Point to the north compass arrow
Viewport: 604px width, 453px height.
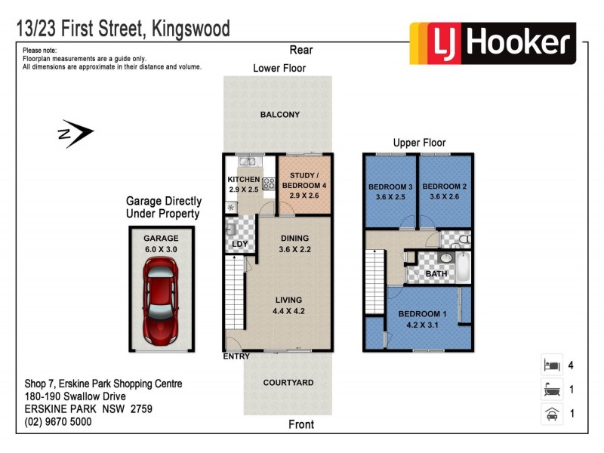coord(75,134)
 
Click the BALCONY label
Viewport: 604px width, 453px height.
coord(279,115)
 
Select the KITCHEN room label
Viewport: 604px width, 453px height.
coord(243,179)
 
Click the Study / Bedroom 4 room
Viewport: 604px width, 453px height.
coord(304,184)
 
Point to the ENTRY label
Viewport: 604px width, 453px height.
coord(236,356)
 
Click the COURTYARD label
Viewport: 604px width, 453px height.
coord(288,383)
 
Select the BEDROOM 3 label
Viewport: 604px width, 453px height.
coord(390,186)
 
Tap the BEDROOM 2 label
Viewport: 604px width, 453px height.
coord(443,186)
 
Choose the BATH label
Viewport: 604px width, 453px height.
coord(436,274)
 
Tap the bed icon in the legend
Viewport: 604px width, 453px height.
coord(550,365)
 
